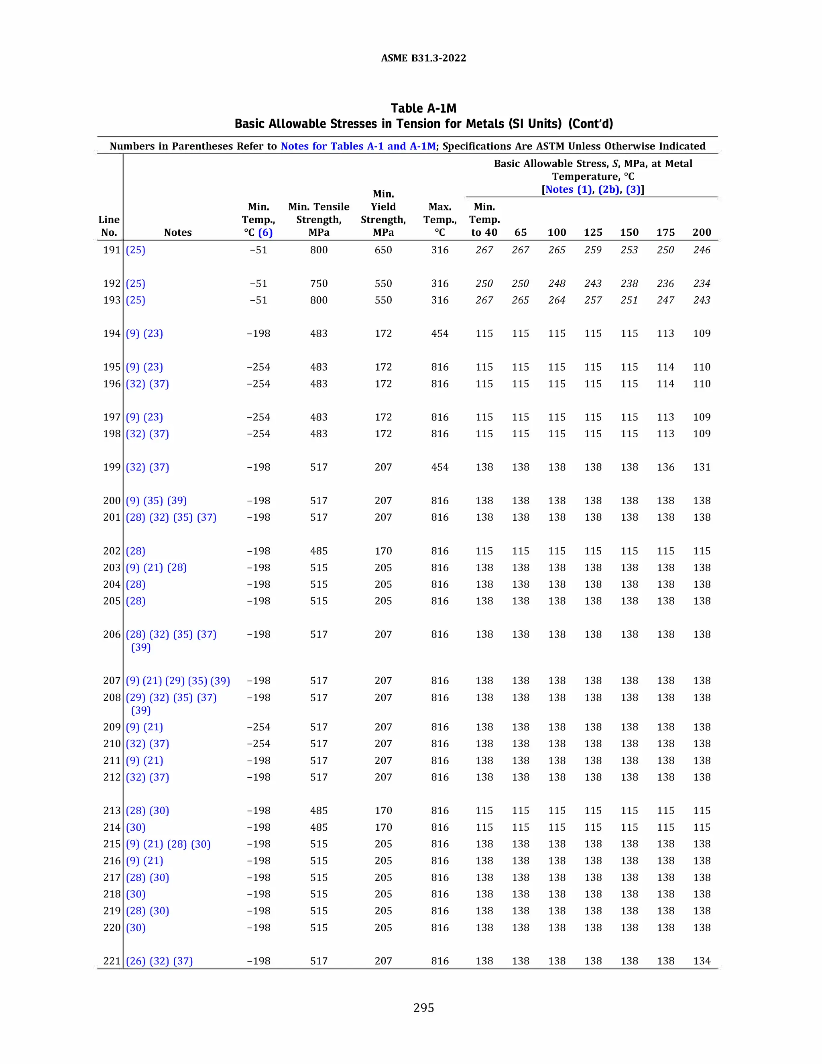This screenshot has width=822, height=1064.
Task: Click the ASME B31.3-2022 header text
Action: click(x=423, y=58)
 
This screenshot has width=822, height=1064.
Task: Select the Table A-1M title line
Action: click(x=423, y=108)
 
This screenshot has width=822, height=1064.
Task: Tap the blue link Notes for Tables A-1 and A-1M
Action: click(x=358, y=146)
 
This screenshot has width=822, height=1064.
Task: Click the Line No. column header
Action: click(x=109, y=226)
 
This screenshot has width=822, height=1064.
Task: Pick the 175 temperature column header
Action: click(x=665, y=232)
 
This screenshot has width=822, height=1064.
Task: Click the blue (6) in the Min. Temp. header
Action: click(x=265, y=232)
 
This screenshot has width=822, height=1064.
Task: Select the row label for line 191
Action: click(x=112, y=250)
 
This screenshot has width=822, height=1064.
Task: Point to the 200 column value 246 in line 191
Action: click(x=701, y=250)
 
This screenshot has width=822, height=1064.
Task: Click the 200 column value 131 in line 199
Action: click(x=701, y=467)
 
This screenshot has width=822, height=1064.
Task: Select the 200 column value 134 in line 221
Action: click(x=701, y=961)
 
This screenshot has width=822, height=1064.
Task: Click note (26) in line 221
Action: click(x=135, y=961)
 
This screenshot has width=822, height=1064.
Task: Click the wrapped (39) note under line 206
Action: click(x=141, y=648)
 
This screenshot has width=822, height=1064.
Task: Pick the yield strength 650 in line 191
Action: click(x=383, y=250)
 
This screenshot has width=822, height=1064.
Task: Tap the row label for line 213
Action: click(x=112, y=811)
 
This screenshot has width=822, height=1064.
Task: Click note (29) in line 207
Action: click(x=174, y=681)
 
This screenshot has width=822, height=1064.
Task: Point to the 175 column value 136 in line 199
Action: click(x=665, y=467)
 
